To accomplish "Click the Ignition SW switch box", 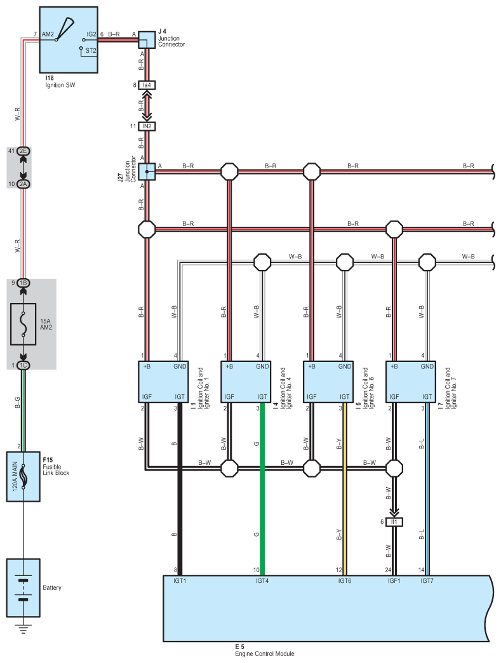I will [69, 39].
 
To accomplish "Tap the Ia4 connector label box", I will [147, 84].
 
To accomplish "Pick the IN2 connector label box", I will [147, 126].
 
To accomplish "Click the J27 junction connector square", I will [147, 171].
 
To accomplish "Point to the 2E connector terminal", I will [23, 151].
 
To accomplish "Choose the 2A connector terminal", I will [23, 184].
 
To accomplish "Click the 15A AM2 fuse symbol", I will [23, 324].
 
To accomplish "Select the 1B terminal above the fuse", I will [23, 283].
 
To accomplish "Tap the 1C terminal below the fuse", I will [23, 365].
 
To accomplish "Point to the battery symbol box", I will [23, 588].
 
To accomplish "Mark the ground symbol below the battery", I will [23, 630].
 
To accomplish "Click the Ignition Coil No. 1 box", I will [163, 381].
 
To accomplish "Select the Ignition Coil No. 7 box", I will [411, 381].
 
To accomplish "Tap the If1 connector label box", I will [394, 522].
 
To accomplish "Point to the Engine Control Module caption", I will [265, 653].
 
